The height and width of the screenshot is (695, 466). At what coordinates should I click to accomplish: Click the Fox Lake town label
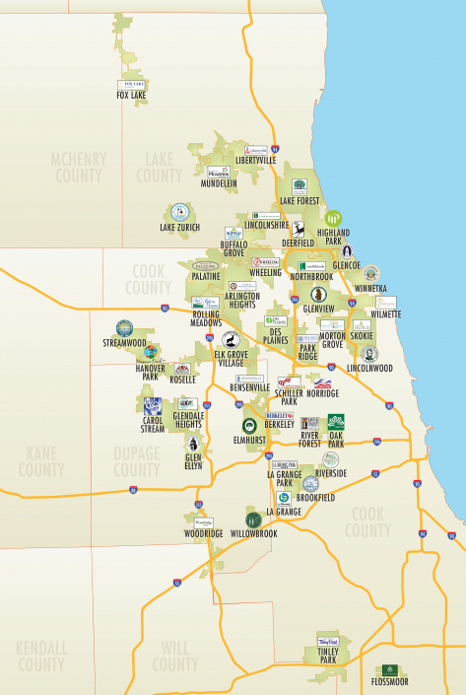(131, 96)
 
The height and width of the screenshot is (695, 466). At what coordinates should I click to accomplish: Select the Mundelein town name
(219, 183)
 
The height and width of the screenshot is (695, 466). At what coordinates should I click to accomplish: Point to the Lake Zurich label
(179, 228)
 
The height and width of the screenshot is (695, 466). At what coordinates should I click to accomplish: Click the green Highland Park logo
(332, 219)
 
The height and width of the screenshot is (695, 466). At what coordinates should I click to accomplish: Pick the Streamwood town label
(124, 343)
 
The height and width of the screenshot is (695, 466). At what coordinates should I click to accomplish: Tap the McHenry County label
(78, 168)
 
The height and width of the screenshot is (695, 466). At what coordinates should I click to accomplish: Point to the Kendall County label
(40, 657)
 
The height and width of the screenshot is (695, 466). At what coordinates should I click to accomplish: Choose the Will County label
(174, 657)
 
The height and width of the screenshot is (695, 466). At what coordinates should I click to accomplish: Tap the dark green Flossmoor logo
(391, 670)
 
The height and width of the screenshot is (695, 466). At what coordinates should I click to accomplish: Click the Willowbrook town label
(253, 533)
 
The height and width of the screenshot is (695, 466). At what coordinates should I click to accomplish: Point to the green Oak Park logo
(336, 422)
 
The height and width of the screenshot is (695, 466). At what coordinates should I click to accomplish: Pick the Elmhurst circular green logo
(250, 425)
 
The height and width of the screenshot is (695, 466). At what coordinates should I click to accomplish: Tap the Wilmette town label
(386, 314)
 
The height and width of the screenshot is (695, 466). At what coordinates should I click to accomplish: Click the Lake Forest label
(300, 201)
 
